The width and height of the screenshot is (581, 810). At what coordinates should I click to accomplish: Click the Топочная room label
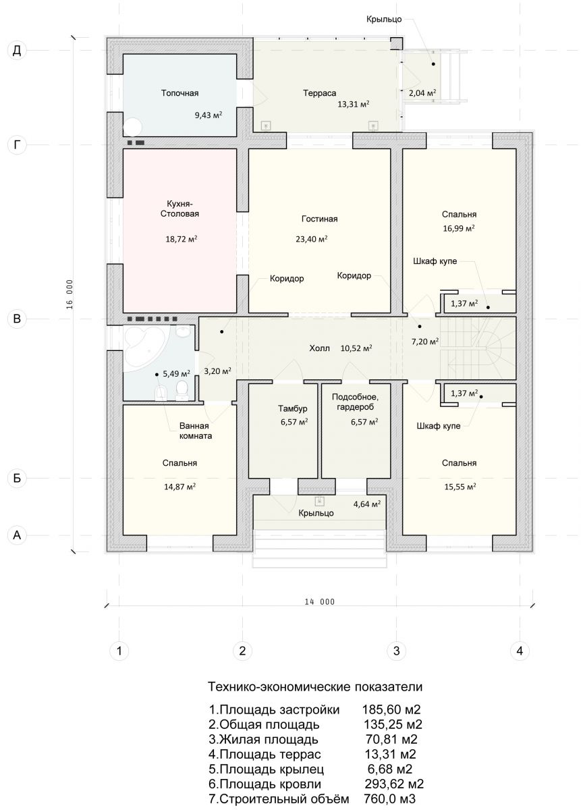point(179,93)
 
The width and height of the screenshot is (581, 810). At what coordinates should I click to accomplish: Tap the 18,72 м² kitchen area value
point(181,239)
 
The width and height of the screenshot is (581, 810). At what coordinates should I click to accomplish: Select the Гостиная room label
point(319,219)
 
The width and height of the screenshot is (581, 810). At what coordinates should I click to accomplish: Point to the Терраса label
point(319,93)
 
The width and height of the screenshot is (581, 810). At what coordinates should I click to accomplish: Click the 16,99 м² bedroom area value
point(458,228)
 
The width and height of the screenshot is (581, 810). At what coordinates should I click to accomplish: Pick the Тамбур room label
point(292,408)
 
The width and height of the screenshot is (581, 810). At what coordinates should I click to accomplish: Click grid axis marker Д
point(17,51)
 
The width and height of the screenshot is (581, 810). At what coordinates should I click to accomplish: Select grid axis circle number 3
point(396,651)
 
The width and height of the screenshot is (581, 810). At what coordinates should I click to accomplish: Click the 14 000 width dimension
point(319,601)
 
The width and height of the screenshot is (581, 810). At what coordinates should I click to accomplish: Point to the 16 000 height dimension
point(70,294)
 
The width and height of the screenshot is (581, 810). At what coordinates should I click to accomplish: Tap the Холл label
point(319,348)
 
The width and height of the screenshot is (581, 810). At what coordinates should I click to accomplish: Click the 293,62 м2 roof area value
point(393,784)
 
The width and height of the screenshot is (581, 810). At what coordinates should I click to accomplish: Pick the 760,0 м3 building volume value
point(389,799)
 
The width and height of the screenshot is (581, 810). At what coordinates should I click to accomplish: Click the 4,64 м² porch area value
point(366,504)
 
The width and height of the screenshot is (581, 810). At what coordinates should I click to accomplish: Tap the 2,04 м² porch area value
point(422,93)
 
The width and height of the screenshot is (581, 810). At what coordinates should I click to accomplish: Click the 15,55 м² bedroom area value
point(460,487)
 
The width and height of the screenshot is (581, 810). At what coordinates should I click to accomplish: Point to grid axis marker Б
point(17,478)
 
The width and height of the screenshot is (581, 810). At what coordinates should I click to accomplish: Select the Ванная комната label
point(195,431)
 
